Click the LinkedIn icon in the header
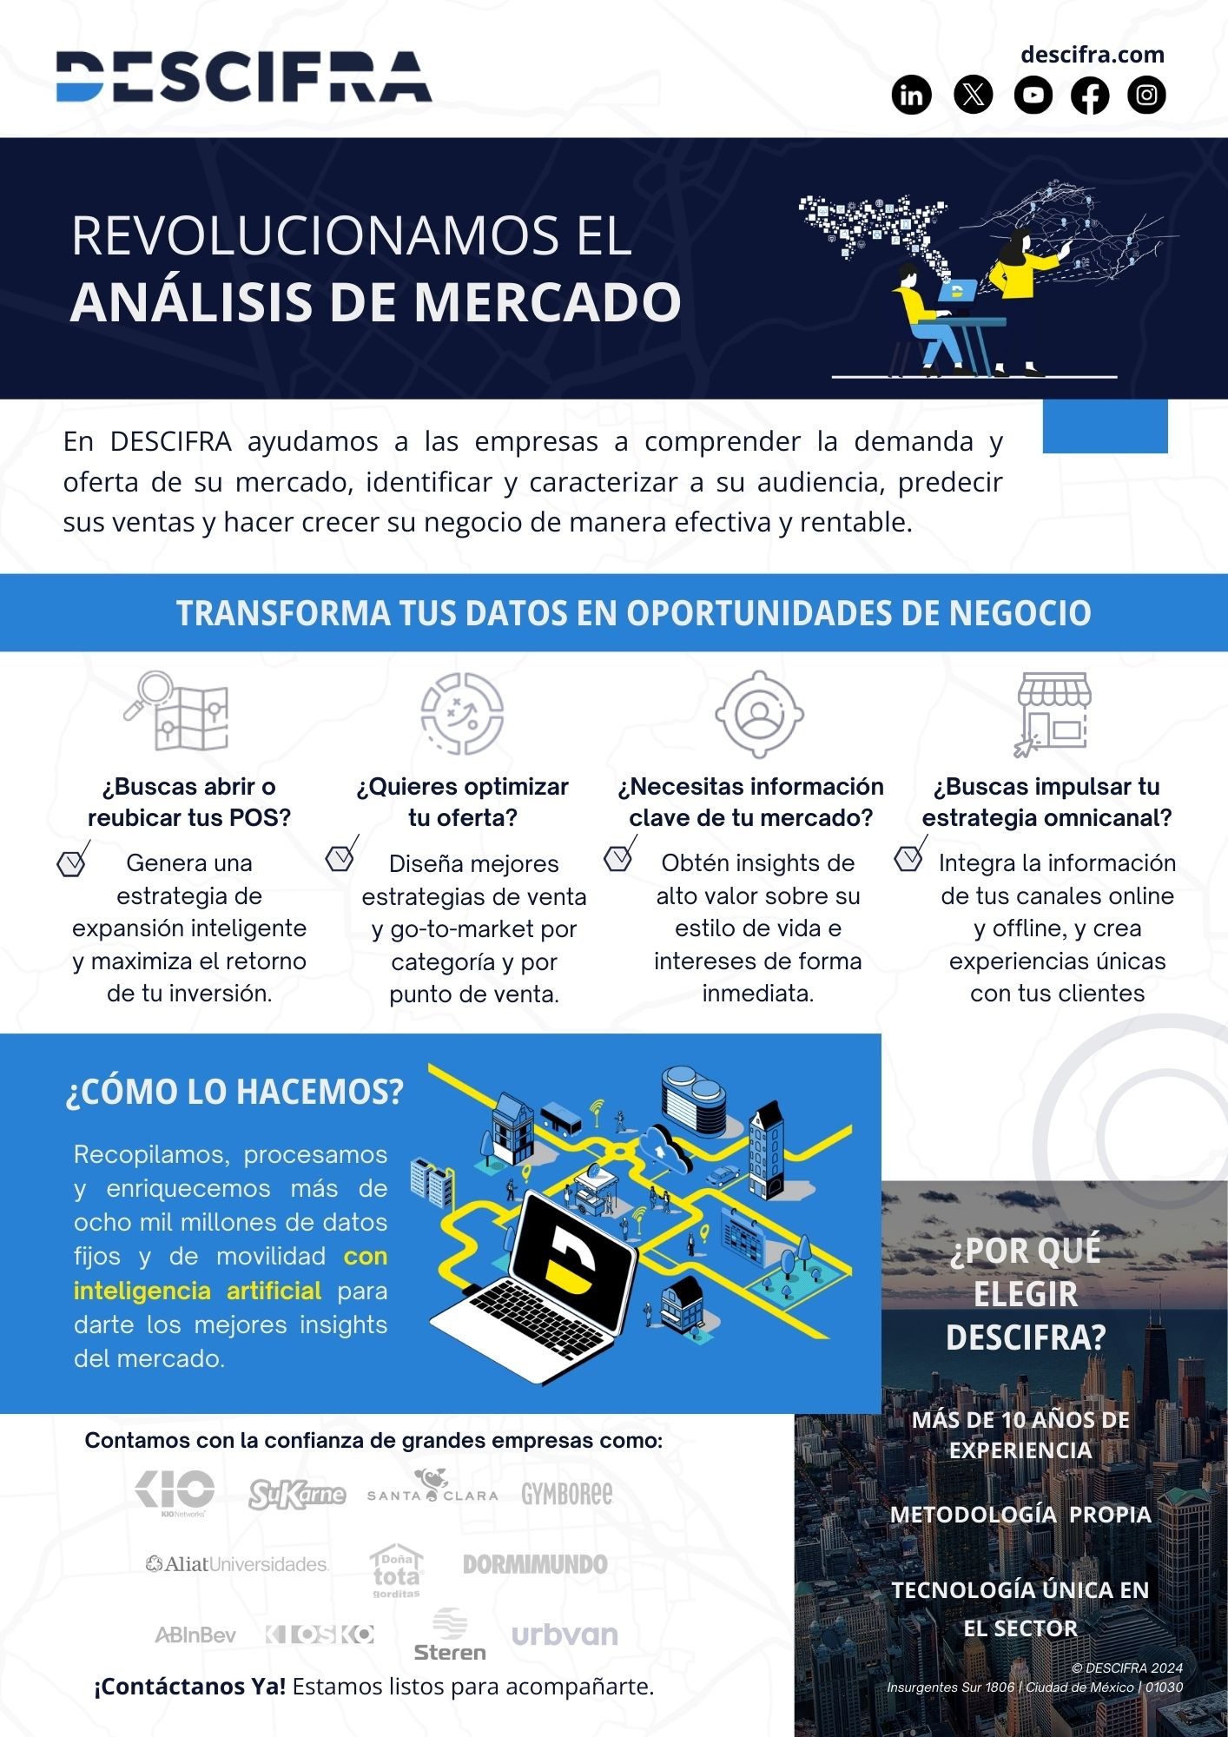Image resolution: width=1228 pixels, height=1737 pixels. click(911, 95)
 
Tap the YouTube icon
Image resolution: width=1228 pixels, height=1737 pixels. click(1033, 95)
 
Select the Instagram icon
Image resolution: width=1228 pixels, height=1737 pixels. click(1146, 95)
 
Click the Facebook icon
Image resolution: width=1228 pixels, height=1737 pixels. click(1090, 95)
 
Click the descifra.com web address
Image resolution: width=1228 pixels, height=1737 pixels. click(1092, 55)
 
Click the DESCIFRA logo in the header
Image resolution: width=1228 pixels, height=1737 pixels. click(244, 76)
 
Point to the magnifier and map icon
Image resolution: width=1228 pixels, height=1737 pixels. click(176, 710)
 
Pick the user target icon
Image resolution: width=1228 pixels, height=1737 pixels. click(759, 714)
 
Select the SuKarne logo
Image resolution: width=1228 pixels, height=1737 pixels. click(297, 1495)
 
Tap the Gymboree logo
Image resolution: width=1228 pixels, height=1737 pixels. click(566, 1494)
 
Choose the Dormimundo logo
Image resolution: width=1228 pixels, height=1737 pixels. click(535, 1564)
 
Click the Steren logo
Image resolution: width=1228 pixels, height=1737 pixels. click(449, 1635)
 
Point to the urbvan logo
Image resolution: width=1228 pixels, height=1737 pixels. click(564, 1635)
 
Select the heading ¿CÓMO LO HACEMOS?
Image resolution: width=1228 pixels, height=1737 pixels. click(234, 1092)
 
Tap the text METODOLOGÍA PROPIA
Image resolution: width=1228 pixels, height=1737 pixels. click(1020, 1514)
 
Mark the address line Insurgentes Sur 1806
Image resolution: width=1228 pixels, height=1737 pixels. click(1034, 1687)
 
